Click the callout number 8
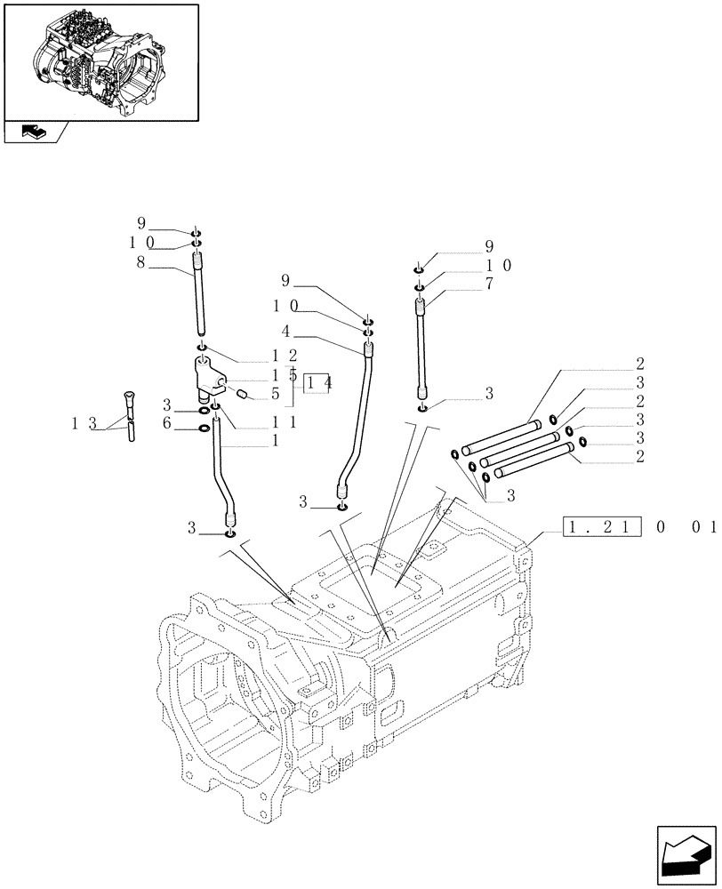pos(140,263)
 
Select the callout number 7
pos(489,284)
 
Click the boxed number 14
pos(317,382)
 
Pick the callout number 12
pos(272,356)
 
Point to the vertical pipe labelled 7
pos(421,351)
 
